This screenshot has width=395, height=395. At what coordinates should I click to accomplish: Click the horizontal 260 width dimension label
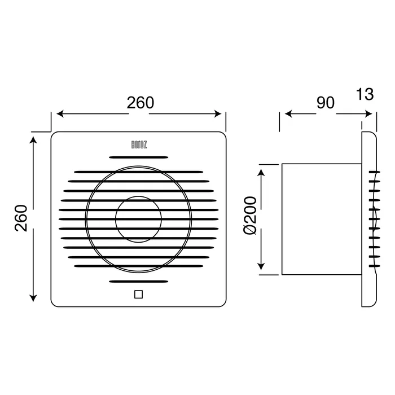(141, 103)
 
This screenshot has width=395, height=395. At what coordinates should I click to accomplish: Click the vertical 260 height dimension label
(21, 218)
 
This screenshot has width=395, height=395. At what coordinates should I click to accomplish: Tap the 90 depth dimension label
(326, 103)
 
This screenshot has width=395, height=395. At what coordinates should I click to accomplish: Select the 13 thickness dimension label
(365, 94)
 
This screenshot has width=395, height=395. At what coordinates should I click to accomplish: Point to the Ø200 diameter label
(250, 216)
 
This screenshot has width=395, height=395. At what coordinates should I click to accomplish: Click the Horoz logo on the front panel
(139, 145)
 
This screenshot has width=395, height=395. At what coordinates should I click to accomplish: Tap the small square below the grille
(139, 294)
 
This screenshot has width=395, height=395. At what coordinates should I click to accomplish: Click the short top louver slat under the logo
(139, 157)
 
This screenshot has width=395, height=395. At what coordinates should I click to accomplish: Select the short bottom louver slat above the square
(139, 282)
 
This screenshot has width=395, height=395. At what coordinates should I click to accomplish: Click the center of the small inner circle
(139, 220)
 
